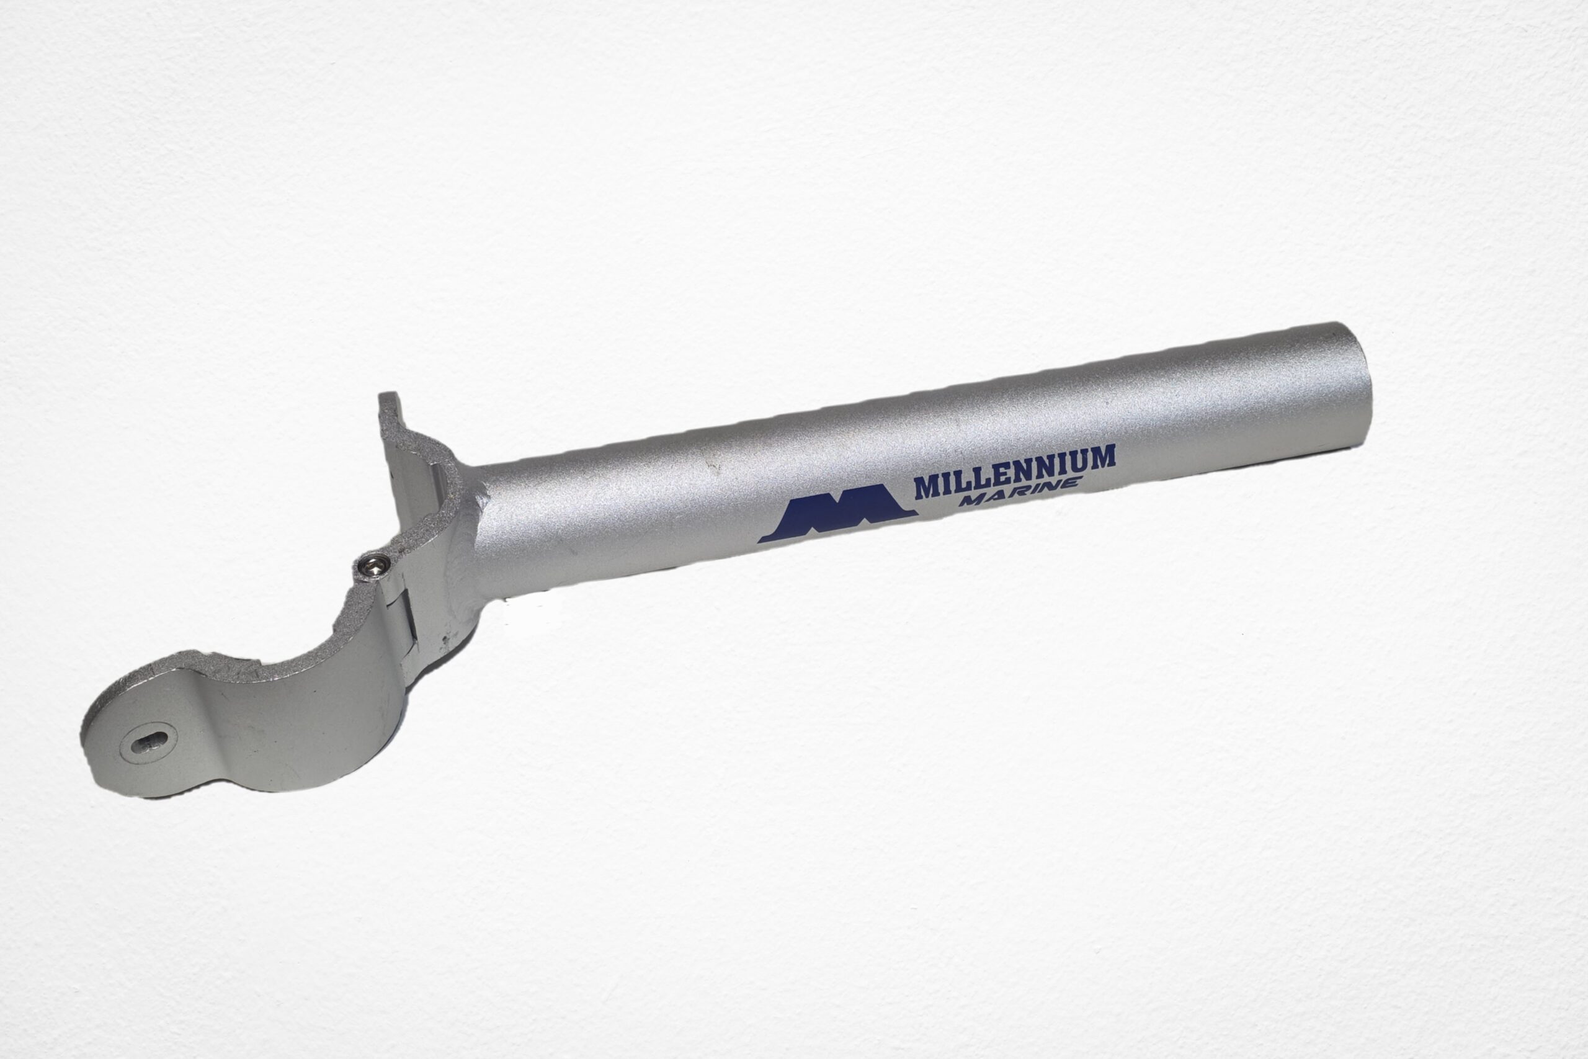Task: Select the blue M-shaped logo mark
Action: click(837, 514)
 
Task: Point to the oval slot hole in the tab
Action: click(150, 744)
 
